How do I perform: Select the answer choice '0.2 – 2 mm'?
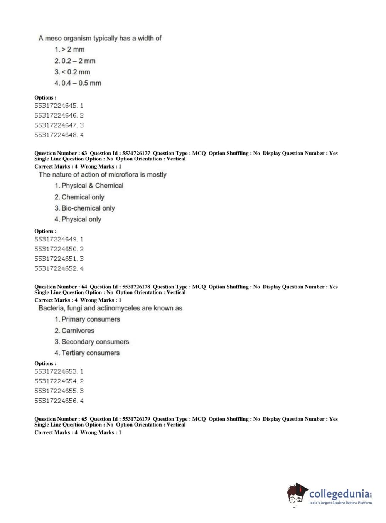click(x=78, y=61)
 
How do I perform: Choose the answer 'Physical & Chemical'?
click(x=92, y=186)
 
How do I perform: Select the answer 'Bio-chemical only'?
click(x=88, y=208)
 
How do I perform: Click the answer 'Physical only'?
click(x=81, y=219)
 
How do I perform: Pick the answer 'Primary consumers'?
click(x=90, y=319)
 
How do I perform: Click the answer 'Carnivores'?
click(x=78, y=331)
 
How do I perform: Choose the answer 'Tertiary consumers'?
click(x=90, y=353)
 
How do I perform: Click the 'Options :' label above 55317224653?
click(x=45, y=363)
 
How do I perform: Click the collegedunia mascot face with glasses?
click(x=296, y=496)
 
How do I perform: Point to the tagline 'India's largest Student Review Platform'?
click(x=340, y=503)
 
